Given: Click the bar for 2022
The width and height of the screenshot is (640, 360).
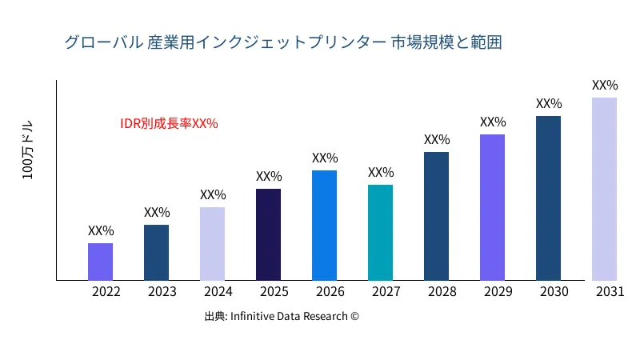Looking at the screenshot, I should (100, 262).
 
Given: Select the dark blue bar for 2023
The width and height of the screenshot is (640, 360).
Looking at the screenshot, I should (156, 253).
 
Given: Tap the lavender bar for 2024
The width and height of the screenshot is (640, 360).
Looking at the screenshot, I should (212, 244).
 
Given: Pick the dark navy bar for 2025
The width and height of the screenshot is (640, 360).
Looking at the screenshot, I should (268, 234).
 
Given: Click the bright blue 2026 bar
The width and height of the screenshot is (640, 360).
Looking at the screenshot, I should (324, 226).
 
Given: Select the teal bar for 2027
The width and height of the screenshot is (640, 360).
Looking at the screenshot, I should (380, 233).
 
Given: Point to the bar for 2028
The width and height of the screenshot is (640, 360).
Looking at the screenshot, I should (436, 216).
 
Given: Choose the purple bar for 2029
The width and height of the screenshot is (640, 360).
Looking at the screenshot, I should (492, 207).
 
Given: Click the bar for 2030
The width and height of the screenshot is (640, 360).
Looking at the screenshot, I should (548, 198).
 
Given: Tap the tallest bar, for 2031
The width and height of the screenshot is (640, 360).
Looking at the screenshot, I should (604, 189).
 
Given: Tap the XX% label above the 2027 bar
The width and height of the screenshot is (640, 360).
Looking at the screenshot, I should (381, 173).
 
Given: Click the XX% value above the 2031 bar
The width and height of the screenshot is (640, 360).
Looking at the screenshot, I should (605, 86).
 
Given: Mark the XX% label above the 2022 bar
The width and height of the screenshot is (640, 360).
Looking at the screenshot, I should (101, 231).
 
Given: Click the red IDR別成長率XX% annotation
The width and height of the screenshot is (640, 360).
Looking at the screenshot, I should (169, 124).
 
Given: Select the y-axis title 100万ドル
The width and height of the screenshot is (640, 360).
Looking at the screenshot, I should (28, 151).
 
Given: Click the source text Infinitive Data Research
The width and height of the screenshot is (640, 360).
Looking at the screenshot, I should (282, 317).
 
